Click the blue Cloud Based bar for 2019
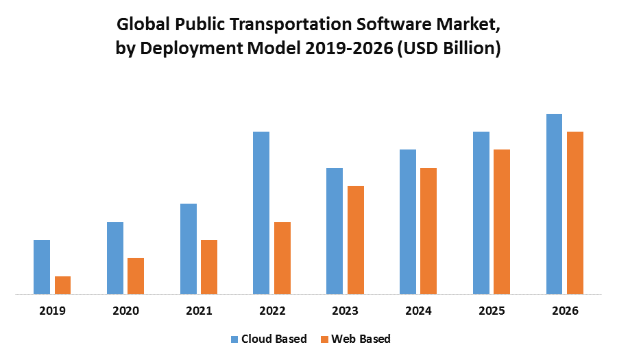pos(42,267)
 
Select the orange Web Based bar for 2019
pos(63,285)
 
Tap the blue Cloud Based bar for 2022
pos(261,213)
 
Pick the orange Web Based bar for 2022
pos(282,259)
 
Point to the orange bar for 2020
pos(136,276)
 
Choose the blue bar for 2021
pos(189,249)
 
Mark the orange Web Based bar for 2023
pos(356,240)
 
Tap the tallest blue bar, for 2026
pos(554,204)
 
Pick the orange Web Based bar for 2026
pos(575,213)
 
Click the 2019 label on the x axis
pos(53,311)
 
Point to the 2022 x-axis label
pos(272,311)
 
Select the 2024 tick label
pos(418,311)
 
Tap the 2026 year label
pos(565,311)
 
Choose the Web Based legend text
pos(361,339)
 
